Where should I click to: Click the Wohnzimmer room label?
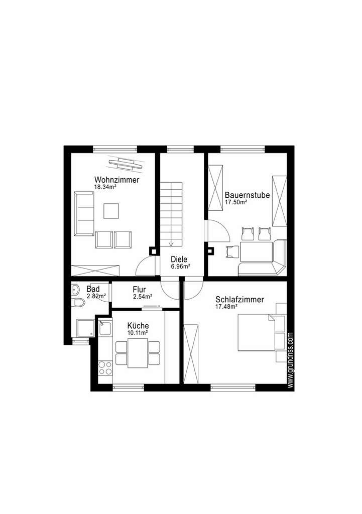point(116,180)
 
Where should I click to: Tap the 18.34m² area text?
point(105,187)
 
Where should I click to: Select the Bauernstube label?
point(248,195)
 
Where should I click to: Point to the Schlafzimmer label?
point(239,299)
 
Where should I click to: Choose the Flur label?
point(140,290)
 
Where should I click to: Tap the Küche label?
point(138,326)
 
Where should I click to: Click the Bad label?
point(93,289)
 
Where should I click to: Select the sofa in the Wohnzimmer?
point(84,213)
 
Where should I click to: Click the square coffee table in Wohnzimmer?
point(111,210)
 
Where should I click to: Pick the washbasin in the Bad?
point(75,290)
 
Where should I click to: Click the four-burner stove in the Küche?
point(105,368)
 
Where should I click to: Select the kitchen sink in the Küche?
point(105,329)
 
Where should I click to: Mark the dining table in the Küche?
point(138,352)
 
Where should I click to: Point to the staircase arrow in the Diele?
point(171,244)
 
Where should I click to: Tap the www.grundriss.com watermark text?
point(291,359)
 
